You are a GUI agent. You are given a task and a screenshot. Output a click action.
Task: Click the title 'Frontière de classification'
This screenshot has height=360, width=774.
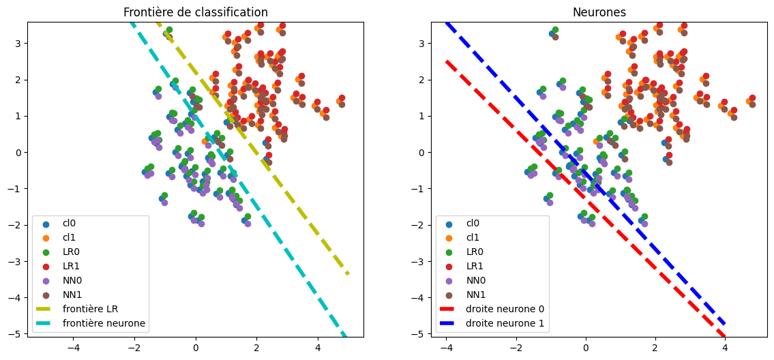click(195, 12)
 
